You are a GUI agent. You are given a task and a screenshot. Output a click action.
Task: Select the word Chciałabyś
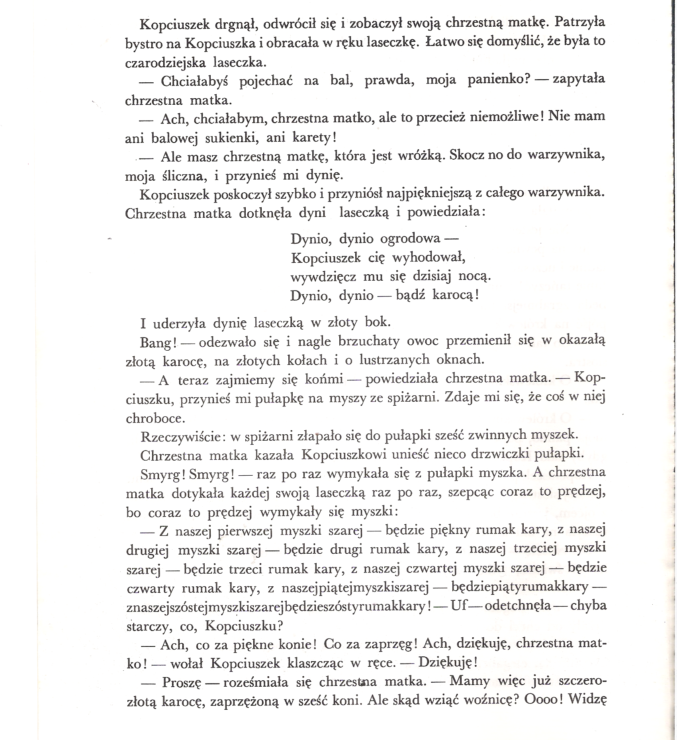tap(194, 81)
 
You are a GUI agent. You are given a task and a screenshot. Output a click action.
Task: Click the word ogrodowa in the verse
tap(410, 239)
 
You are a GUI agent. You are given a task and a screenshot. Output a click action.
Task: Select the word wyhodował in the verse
tap(429, 258)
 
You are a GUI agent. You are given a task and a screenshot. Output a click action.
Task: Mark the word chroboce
tap(150, 418)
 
